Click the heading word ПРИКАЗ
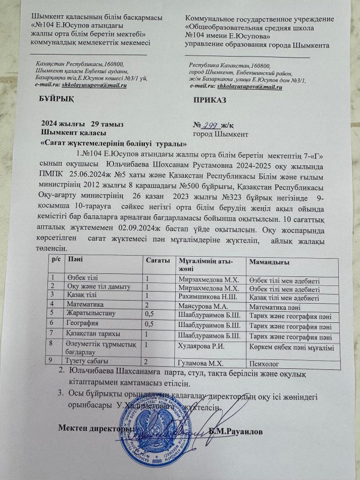coord(209,100)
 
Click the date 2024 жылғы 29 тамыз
coord(81,124)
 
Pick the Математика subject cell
coord(86,305)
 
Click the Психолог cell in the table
coord(266,362)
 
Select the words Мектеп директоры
coord(92,429)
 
